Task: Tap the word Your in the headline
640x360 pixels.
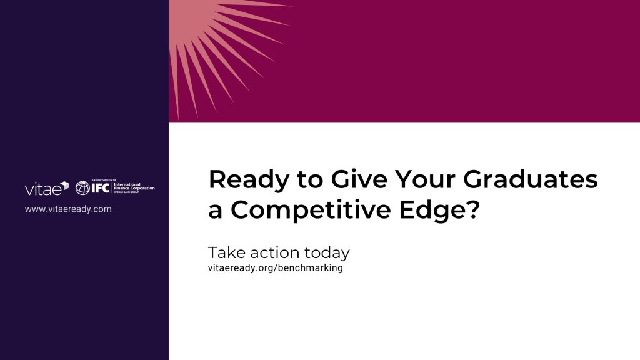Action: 425,179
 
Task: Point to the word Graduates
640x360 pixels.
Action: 530,179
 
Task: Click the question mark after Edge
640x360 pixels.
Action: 472,209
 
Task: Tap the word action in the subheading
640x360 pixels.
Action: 274,253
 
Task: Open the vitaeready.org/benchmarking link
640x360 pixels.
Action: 276,268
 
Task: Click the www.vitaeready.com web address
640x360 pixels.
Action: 68,209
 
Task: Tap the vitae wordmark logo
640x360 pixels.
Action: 42,189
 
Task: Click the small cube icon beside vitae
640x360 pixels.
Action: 64,186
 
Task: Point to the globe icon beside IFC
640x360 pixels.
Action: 82,187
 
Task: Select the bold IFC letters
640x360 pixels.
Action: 100,187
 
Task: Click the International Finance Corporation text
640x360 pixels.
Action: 134,186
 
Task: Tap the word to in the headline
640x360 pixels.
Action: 309,179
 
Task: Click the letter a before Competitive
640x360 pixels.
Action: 216,212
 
